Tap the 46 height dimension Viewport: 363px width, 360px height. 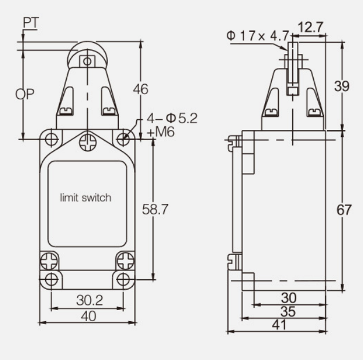139,89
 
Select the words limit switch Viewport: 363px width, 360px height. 86,198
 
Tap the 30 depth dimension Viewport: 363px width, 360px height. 288,297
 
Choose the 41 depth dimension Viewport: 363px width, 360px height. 279,326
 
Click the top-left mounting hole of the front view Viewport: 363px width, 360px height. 52,139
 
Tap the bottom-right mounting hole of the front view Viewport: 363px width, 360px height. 123,279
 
